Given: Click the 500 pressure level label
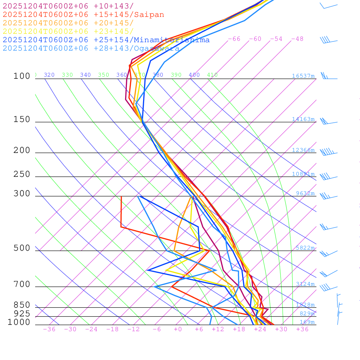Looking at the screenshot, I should pos(22,248).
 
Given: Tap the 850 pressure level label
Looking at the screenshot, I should pos(22,305).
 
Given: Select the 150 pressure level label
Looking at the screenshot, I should pos(22,120).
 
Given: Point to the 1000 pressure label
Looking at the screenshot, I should pos(19,322).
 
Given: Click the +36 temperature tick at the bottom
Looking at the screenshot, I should pos(302,329).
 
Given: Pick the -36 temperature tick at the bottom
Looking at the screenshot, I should pos(49,329).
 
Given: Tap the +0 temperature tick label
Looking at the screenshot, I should pos(178,329).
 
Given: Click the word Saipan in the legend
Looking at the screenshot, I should pos(149,15).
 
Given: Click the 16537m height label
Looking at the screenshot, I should pos(303,76).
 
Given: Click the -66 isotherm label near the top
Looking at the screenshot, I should pos(234,39).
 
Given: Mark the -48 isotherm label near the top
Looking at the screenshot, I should pos(297,39).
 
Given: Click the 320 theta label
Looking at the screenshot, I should pos(49,75).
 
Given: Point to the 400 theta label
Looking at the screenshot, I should pos(194,75).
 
